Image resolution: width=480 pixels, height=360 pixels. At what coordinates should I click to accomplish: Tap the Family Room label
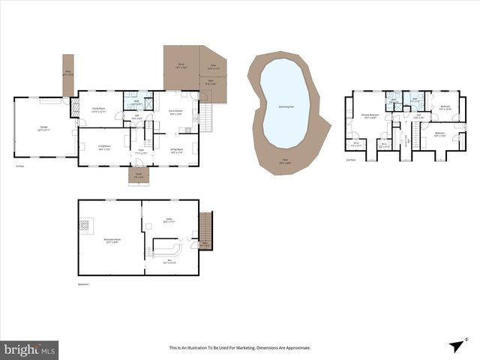[98, 109]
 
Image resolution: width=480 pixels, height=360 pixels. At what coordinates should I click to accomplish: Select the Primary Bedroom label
[371, 115]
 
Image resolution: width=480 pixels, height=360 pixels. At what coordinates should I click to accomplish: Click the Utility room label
[169, 220]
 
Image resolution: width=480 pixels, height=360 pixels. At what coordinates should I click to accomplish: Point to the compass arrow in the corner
[455, 344]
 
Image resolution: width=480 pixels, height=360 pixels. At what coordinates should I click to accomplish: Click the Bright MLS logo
[30, 349]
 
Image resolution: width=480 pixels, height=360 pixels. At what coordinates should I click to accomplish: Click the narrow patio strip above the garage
[67, 75]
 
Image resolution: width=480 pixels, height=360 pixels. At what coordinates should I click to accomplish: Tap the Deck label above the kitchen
[181, 65]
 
